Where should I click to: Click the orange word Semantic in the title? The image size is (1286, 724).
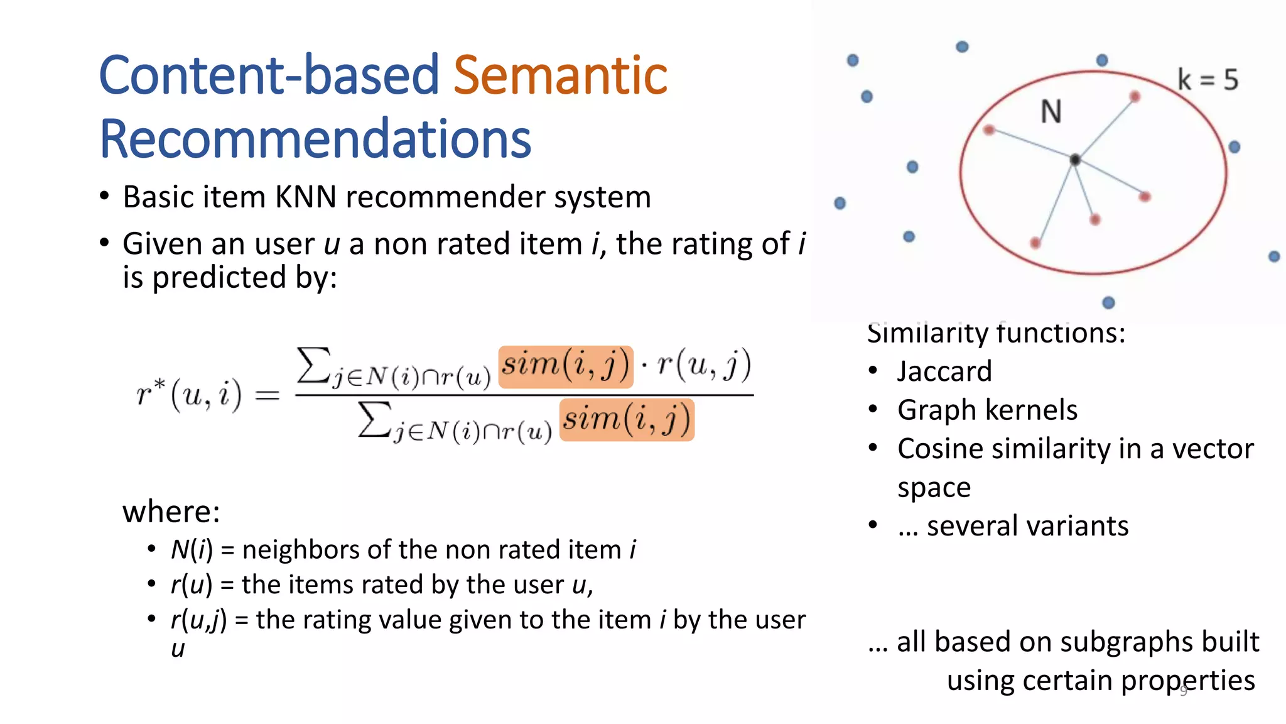560,75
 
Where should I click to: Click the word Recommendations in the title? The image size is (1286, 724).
315,140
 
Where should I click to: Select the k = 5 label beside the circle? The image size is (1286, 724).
1207,80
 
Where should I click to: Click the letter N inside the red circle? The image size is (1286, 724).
1051,112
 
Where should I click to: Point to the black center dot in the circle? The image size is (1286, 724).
1075,160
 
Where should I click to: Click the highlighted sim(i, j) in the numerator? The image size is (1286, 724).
565,365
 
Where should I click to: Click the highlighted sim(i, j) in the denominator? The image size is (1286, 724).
626,419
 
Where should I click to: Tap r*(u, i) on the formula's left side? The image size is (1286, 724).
188,395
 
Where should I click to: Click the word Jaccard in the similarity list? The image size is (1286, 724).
944,371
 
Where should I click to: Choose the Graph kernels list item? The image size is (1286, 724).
987,410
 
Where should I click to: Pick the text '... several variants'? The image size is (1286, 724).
1013,525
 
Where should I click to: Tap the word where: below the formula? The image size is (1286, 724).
171,511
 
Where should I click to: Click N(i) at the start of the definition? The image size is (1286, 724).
192,550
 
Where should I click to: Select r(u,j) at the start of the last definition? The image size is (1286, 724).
198,620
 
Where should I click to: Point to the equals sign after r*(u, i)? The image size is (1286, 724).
267,395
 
